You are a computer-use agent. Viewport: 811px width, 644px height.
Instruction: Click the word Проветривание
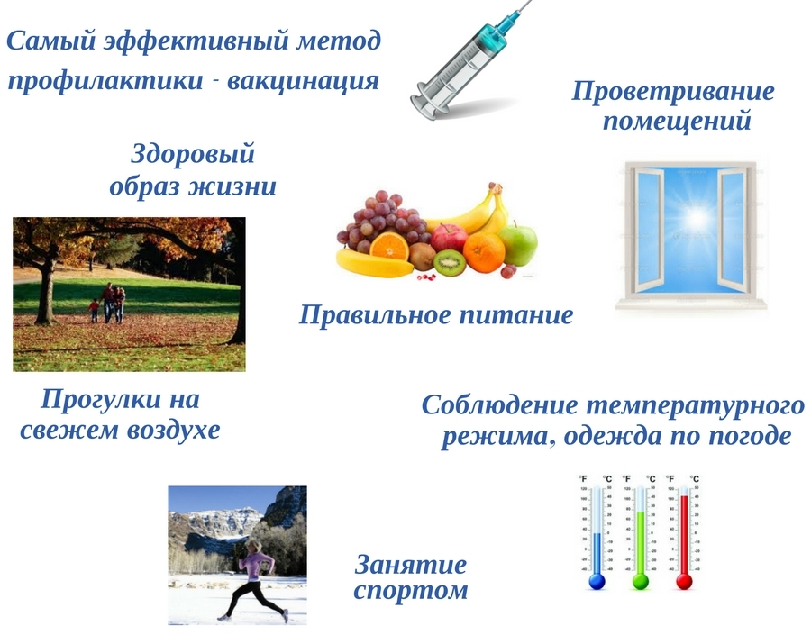[x=673, y=92]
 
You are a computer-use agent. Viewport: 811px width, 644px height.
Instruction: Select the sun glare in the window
[x=695, y=219]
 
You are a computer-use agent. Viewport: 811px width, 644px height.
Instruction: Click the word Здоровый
[x=193, y=154]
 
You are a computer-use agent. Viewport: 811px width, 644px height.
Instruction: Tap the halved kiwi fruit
[x=449, y=263]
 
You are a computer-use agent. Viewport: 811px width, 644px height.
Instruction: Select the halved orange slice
[x=389, y=246]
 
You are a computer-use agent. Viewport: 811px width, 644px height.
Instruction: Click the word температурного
[x=696, y=405]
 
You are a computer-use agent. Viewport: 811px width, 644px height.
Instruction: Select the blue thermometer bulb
[x=597, y=582]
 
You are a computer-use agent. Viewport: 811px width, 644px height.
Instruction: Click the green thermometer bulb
[x=641, y=582]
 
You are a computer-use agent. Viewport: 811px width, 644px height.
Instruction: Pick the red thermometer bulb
[x=684, y=582]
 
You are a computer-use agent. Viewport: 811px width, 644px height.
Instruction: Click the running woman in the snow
[x=254, y=580]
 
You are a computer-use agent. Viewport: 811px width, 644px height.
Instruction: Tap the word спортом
[x=411, y=591]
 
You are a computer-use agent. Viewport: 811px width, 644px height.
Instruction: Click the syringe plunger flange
[x=424, y=106]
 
